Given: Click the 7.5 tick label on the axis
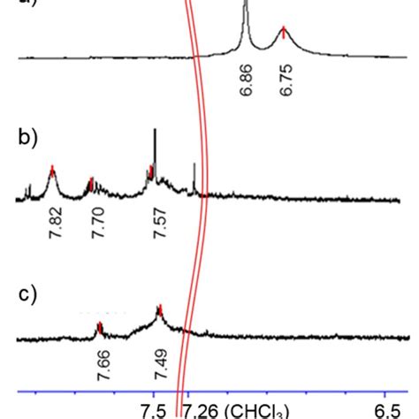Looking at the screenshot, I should click(x=154, y=409).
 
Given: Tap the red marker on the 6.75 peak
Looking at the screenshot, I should click(x=283, y=33).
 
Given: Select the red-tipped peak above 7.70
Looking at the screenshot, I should click(x=91, y=182).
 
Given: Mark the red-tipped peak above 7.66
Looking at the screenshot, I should click(x=100, y=328).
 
